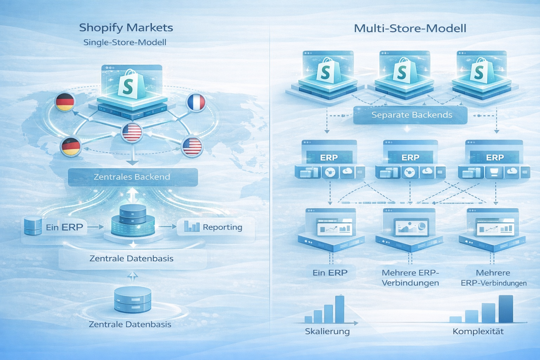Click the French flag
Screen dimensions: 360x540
(x=196, y=103)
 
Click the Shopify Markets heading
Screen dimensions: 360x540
(x=126, y=27)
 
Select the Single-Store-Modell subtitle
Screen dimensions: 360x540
(x=125, y=43)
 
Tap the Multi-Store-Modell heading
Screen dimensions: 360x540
(x=410, y=28)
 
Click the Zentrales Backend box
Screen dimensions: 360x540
(x=133, y=177)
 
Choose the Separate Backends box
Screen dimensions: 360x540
(x=410, y=115)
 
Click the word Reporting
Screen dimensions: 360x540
(x=223, y=227)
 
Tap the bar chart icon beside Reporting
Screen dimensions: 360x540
(x=192, y=226)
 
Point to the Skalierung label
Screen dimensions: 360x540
(x=327, y=331)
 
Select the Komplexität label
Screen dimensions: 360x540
(x=478, y=331)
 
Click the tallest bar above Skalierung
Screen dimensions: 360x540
(x=340, y=309)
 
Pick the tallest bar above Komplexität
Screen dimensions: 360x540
(x=506, y=309)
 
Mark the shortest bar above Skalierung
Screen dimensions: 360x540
(x=308, y=319)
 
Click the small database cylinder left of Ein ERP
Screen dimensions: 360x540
(x=33, y=226)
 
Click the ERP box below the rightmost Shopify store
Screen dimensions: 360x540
(x=495, y=157)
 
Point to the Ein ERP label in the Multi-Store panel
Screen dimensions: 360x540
(x=330, y=272)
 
